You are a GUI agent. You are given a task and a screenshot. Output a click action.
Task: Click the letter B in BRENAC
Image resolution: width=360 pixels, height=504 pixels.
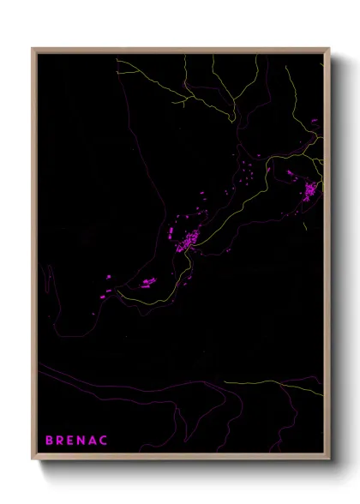(50, 441)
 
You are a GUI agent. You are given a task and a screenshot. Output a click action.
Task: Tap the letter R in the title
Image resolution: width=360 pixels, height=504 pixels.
(61, 441)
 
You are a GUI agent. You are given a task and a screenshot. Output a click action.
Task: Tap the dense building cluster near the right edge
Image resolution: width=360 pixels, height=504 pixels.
(309, 189)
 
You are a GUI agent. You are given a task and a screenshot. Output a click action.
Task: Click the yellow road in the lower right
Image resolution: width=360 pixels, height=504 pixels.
(274, 383)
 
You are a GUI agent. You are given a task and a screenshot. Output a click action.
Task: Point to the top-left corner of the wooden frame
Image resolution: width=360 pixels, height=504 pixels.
(33, 49)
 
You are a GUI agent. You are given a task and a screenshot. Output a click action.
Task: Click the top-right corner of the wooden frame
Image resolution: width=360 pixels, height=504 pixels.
(328, 49)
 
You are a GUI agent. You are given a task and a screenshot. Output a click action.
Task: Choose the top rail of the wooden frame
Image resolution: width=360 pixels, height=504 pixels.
(180, 49)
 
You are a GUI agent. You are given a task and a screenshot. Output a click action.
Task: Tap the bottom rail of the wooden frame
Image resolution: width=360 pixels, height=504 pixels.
(180, 458)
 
